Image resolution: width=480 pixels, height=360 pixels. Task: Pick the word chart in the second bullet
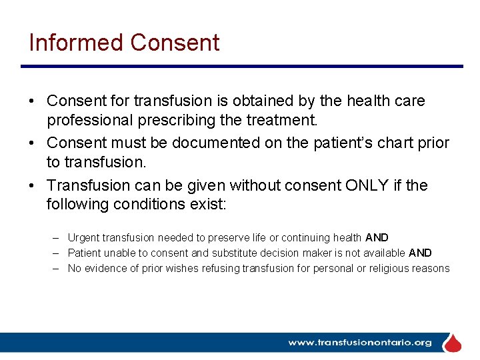point(391,143)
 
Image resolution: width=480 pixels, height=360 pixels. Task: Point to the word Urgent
point(83,238)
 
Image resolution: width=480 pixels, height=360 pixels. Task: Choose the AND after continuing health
point(377,238)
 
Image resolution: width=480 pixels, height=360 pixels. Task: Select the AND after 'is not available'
point(420,253)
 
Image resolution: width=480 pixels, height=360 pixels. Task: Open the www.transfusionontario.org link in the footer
point(359,343)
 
